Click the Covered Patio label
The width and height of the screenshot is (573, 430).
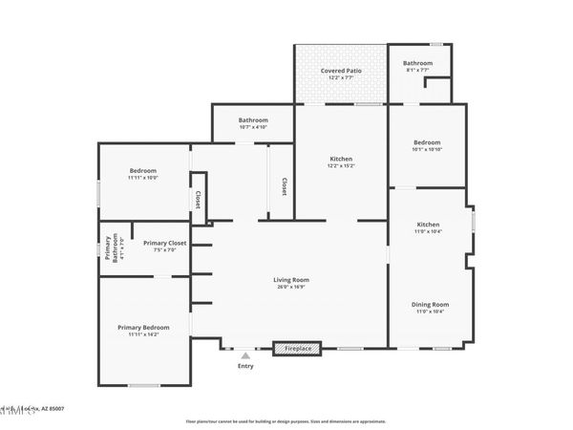tap(340, 70)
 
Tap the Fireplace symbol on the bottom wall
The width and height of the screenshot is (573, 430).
tap(299, 349)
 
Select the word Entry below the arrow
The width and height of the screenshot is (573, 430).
tap(245, 366)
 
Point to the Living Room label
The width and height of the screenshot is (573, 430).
tap(293, 279)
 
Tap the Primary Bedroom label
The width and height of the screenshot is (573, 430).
tap(143, 328)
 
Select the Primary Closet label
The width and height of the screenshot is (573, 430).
tap(164, 244)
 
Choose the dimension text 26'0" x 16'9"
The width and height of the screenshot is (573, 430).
tap(293, 287)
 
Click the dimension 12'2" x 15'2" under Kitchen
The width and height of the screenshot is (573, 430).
tap(341, 166)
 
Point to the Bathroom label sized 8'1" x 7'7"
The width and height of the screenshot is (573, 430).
tap(417, 63)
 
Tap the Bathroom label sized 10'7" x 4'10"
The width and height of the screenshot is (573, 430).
tap(252, 119)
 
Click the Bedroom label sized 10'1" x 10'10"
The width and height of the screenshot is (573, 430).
tap(426, 141)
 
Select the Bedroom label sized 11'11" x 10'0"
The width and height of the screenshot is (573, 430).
tap(142, 170)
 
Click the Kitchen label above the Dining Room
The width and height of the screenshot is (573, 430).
tap(428, 224)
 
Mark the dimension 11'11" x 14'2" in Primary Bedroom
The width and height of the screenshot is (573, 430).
tap(143, 335)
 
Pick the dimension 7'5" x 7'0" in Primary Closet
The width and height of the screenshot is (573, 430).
tap(164, 251)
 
